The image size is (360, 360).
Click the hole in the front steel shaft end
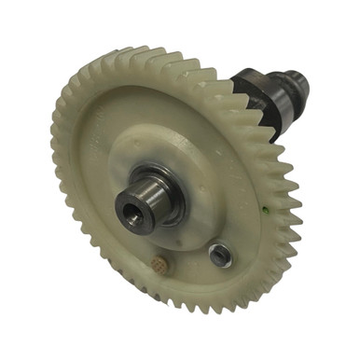point(132,215)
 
